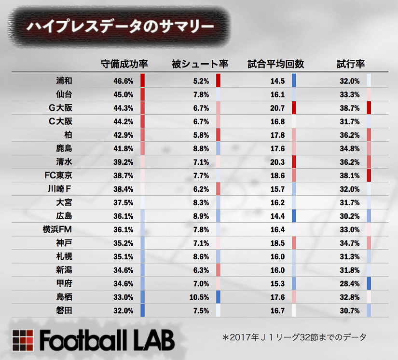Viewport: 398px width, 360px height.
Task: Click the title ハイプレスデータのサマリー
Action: pyautogui.click(x=120, y=26)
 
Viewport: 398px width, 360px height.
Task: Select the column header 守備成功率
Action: pyautogui.click(x=124, y=64)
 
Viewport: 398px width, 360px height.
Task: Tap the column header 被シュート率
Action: pyautogui.click(x=200, y=64)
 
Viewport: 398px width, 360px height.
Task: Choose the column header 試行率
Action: pyautogui.click(x=350, y=64)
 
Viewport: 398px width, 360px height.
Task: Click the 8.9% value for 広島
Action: pyautogui.click(x=200, y=216)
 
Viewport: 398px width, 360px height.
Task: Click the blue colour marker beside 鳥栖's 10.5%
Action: pyautogui.click(x=218, y=297)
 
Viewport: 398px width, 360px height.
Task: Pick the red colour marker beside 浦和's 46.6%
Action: pyautogui.click(x=142, y=80)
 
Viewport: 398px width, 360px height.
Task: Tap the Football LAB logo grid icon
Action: pyautogui.click(x=23, y=340)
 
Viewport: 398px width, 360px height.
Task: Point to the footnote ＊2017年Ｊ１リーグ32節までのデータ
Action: pyautogui.click(x=294, y=336)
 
